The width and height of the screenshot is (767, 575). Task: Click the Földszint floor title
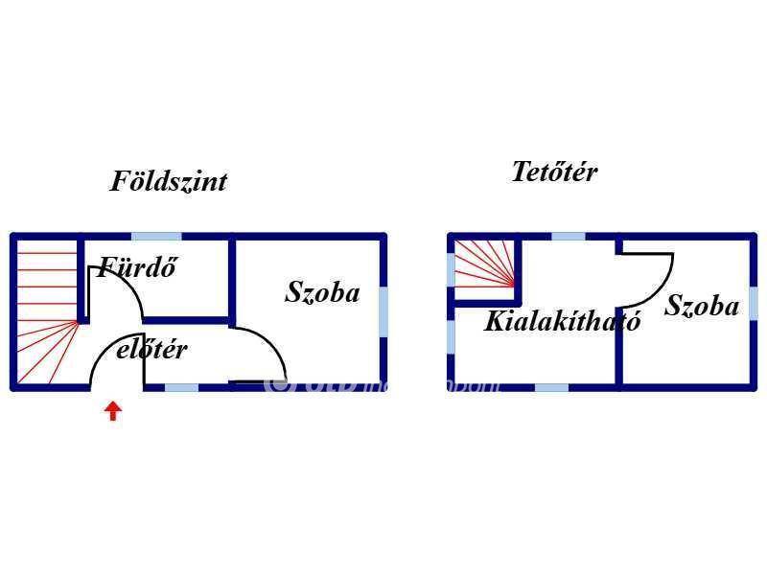(x=169, y=181)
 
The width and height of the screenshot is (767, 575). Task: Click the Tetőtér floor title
(x=554, y=172)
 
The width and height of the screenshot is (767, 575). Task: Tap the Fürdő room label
(x=138, y=267)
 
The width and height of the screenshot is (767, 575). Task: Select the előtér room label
(x=151, y=350)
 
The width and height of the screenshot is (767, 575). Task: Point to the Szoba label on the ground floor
(x=322, y=292)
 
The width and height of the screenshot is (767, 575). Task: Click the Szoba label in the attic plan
(x=702, y=307)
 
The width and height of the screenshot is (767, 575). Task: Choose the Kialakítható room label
(x=562, y=321)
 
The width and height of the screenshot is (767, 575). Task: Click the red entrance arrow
(x=113, y=411)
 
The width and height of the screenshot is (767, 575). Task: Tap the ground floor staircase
(x=45, y=311)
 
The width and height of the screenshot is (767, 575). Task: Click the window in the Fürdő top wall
(x=156, y=236)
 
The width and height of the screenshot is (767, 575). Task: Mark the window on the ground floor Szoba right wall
(x=383, y=310)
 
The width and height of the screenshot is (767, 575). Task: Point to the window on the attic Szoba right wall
(x=754, y=302)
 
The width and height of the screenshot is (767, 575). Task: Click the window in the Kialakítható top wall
(x=569, y=236)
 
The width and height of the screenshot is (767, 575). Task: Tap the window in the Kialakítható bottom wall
(x=551, y=387)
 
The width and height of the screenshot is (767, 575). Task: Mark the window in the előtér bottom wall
(x=182, y=387)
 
